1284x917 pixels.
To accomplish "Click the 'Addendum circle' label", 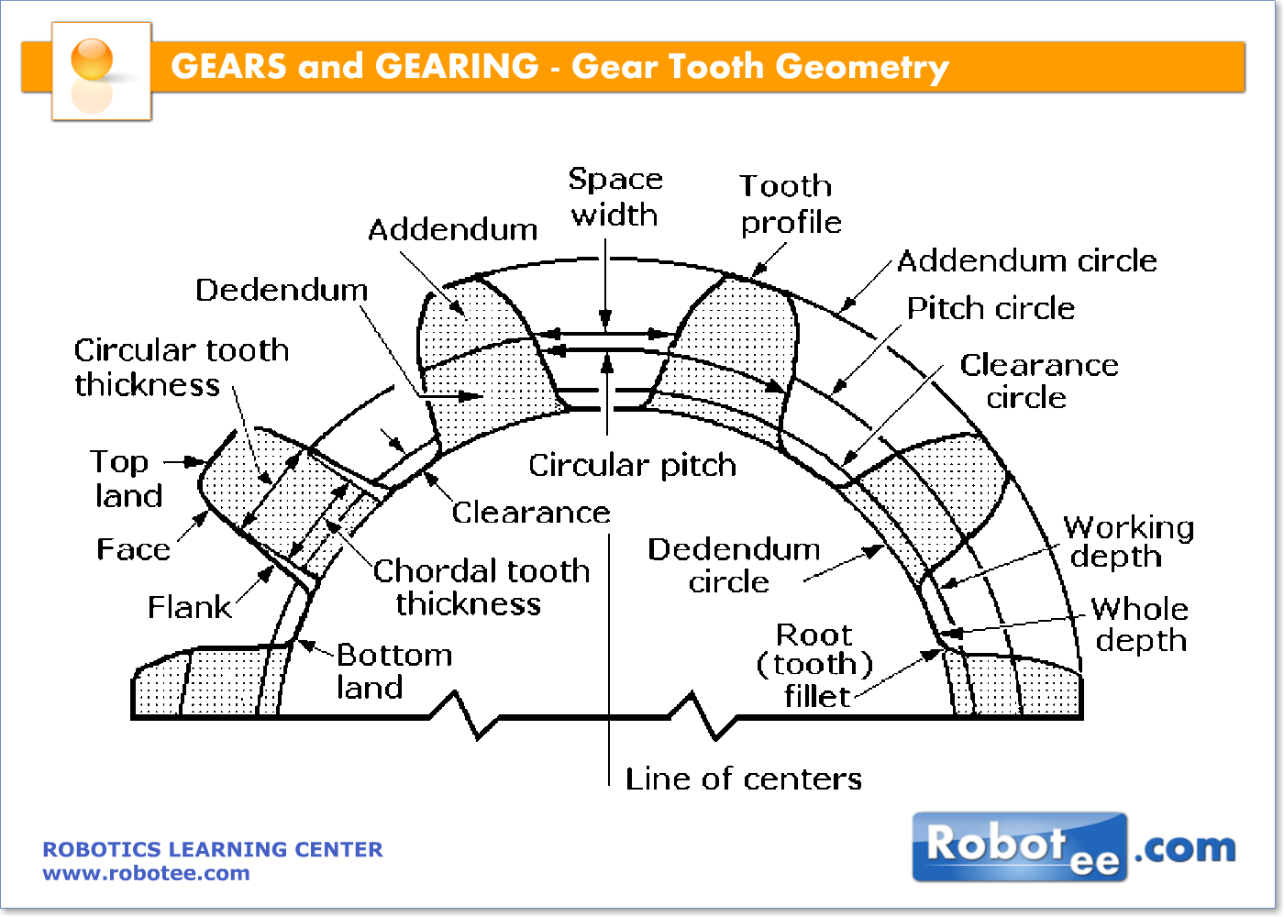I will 1026,261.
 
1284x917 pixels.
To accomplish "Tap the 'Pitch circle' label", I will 991,309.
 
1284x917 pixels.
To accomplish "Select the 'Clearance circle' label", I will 1038,381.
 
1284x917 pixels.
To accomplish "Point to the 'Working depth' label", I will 1128,542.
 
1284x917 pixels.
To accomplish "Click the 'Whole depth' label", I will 1140,624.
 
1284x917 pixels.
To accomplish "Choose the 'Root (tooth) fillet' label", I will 814,665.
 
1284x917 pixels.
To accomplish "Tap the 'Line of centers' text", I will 743,779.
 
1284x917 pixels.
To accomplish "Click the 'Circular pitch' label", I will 632,466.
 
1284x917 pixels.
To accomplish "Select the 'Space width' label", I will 614,196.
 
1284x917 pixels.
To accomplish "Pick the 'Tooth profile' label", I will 790,204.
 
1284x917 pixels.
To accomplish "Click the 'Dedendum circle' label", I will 733,565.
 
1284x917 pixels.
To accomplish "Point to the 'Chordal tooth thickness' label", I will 480,587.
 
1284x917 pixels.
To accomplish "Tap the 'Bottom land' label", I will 393,671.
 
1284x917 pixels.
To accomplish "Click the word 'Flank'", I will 189,608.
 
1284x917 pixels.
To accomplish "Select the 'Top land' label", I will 127,479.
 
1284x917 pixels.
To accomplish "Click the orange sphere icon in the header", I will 92,61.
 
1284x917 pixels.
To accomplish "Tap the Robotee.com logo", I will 1073,847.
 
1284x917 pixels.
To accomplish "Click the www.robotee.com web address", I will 146,874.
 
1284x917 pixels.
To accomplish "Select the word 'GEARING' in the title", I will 457,67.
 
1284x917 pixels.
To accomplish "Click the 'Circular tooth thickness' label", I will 181,367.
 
